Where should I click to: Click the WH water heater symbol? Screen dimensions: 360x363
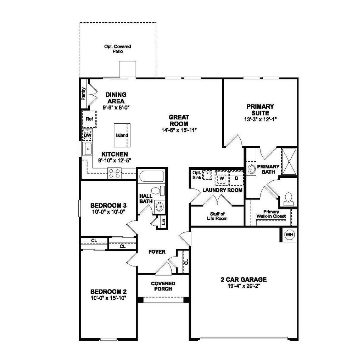pos(289,235)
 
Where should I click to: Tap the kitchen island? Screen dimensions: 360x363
pos(122,135)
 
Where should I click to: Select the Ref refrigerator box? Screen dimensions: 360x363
pos(89,119)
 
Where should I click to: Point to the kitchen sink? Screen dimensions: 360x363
pos(87,149)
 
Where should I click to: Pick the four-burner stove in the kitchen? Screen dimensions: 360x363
pos(115,173)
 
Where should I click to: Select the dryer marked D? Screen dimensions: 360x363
pos(236,178)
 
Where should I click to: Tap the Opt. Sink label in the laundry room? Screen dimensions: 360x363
pos(196,175)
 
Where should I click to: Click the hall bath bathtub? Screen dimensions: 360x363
pos(151,176)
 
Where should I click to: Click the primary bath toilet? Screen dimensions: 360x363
pos(288,198)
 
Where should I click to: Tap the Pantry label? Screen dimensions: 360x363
pos(83,94)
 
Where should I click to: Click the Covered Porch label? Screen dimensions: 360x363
pos(163,286)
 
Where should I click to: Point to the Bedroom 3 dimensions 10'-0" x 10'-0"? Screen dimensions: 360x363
pos(108,212)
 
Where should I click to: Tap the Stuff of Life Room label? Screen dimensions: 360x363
pos(217,216)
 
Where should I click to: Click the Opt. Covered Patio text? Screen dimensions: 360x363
pos(117,49)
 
